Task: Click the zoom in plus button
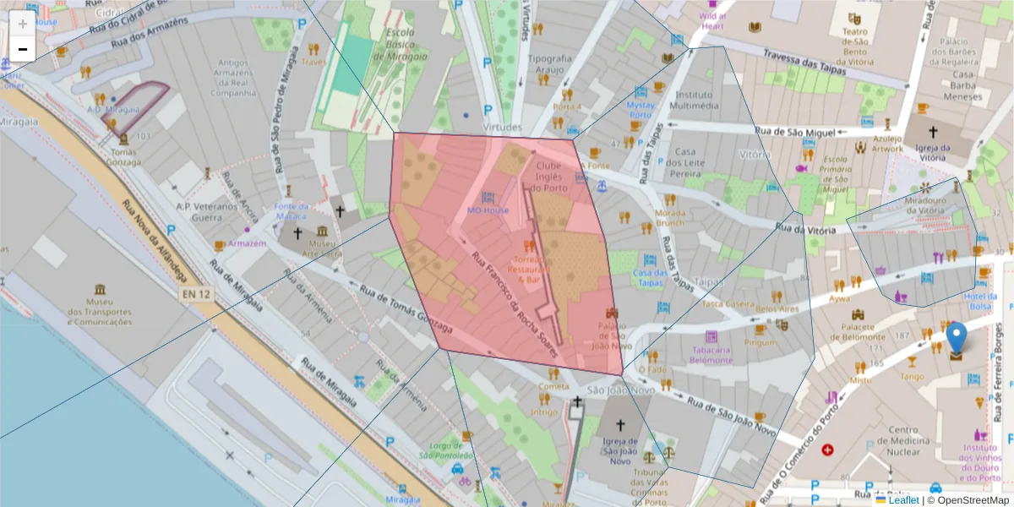coord(23,24)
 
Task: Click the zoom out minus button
coord(23,49)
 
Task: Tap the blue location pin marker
coord(956,339)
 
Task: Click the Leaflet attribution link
coord(904,500)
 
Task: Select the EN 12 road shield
coord(194,294)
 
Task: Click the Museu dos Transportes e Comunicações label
coord(100,311)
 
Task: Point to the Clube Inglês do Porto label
coord(548,177)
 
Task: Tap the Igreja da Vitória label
coord(933,153)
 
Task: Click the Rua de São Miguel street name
coord(794,132)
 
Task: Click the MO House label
coord(488,210)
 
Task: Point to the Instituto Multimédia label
coord(694,101)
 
